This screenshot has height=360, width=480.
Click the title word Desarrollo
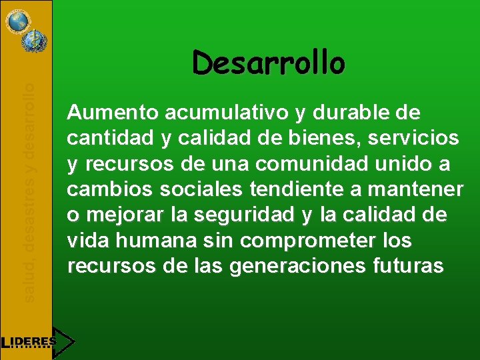point(269,64)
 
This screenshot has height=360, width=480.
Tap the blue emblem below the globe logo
point(31,41)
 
